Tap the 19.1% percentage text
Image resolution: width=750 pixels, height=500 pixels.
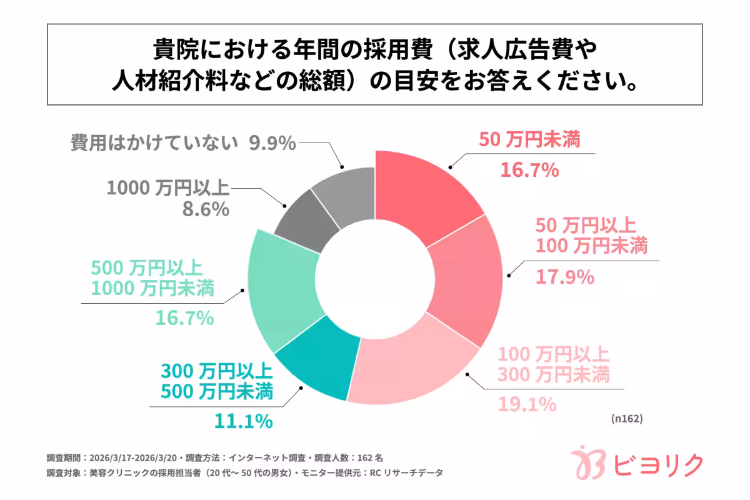click(x=527, y=404)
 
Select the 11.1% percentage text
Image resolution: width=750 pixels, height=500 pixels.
click(x=243, y=421)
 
